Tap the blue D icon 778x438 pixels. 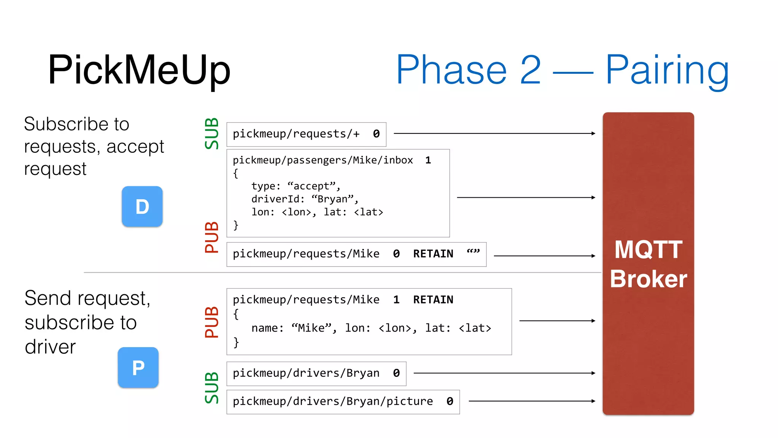(x=142, y=206)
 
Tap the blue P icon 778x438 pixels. (x=138, y=368)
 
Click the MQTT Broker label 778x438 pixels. (x=648, y=264)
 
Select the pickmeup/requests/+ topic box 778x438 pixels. (x=306, y=134)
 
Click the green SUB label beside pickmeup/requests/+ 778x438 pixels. (x=212, y=133)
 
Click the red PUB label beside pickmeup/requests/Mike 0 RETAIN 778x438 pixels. (x=212, y=238)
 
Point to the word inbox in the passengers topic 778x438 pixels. (x=398, y=160)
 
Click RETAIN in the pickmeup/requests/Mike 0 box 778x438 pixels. (x=433, y=254)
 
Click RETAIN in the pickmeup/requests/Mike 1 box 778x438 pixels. (x=433, y=300)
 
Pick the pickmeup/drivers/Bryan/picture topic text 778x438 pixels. (x=333, y=401)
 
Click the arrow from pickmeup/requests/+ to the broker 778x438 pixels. (x=494, y=133)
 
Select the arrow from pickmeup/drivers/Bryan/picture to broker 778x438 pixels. (x=532, y=401)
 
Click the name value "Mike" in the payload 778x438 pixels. (x=312, y=328)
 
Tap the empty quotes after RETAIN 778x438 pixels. (x=473, y=252)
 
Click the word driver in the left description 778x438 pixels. (x=50, y=347)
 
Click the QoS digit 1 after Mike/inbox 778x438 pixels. (x=428, y=160)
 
